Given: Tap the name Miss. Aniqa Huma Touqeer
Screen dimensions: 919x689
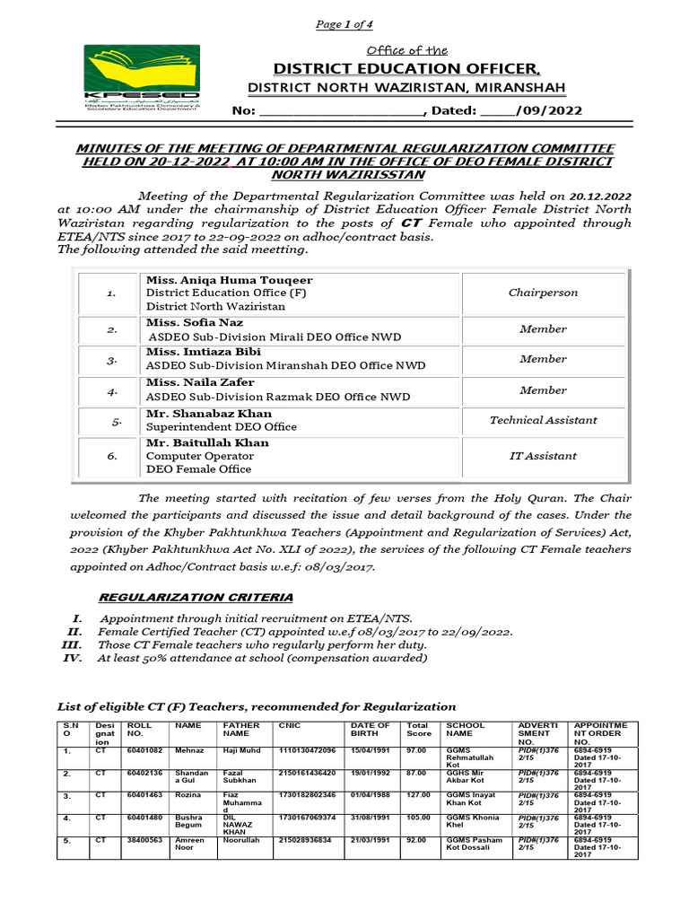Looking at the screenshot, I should pos(229,280).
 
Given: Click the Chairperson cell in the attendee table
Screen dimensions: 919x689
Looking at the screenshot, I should pos(543,293).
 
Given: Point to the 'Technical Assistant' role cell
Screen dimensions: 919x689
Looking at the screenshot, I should pos(543,420).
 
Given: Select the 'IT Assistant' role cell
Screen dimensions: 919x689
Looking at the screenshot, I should pos(543,456).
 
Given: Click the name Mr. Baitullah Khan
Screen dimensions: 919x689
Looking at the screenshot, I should pos(207,442).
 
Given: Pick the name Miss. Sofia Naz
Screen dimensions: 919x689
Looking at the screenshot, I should pos(195,322).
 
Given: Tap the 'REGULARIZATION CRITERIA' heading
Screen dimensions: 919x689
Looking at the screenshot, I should pos(195,598).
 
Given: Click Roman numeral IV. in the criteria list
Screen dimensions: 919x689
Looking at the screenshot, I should pos(73,658).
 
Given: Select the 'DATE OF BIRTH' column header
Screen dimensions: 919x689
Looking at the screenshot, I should pos(371,730).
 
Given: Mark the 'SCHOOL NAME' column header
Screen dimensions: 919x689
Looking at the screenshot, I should pos(465,730).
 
